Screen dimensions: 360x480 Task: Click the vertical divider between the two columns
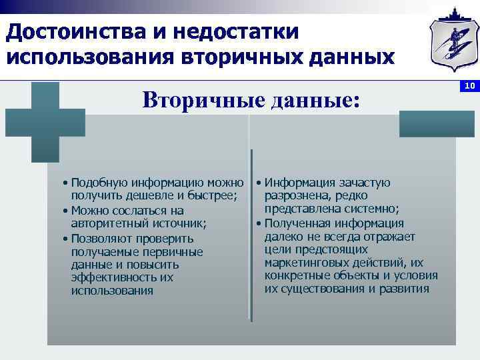[x=251, y=233]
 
